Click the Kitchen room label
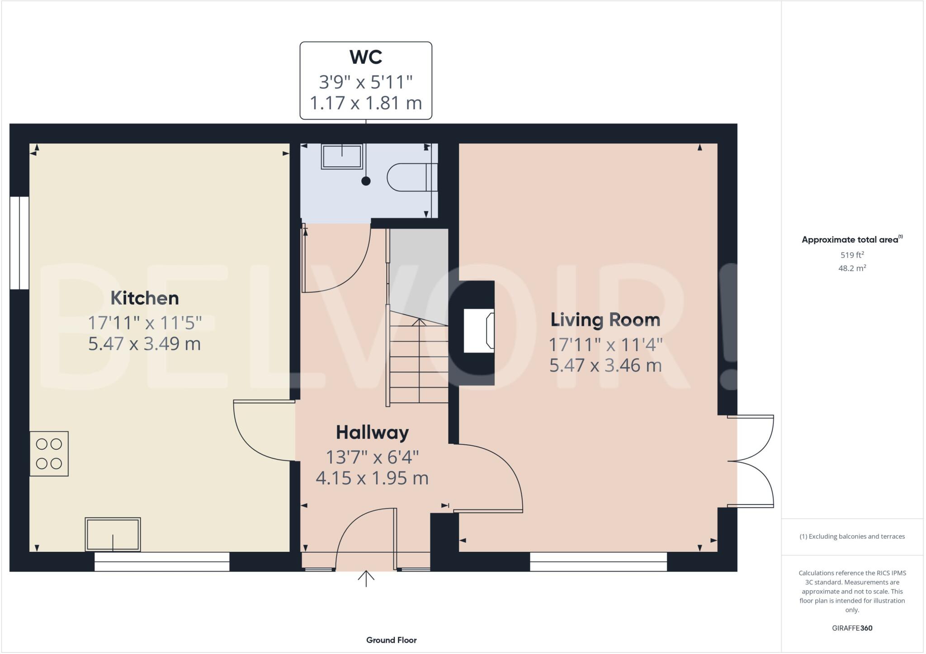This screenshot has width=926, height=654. (x=145, y=298)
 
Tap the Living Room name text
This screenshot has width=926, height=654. (x=605, y=320)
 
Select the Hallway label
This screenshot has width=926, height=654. (x=372, y=433)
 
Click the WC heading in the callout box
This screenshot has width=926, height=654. (x=366, y=57)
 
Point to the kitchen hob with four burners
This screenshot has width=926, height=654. (x=49, y=453)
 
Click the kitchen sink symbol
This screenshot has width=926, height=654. (x=113, y=534)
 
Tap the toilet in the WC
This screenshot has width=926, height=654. (x=409, y=178)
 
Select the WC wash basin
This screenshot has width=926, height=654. (x=342, y=156)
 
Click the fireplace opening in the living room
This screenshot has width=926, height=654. (x=478, y=330)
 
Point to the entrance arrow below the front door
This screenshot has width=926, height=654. (x=366, y=578)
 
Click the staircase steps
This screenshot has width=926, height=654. (x=419, y=362)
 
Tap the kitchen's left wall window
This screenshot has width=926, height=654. (x=19, y=243)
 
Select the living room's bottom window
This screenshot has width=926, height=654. (x=598, y=562)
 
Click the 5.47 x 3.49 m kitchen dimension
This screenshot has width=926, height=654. (x=144, y=344)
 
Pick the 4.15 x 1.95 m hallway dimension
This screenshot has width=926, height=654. (x=372, y=478)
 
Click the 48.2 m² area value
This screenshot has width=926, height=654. (x=852, y=268)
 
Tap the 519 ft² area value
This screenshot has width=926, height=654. (x=852, y=255)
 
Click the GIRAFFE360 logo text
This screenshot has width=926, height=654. (x=852, y=628)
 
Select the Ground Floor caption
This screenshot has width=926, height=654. (x=391, y=640)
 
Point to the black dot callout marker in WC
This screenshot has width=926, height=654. (x=366, y=181)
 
